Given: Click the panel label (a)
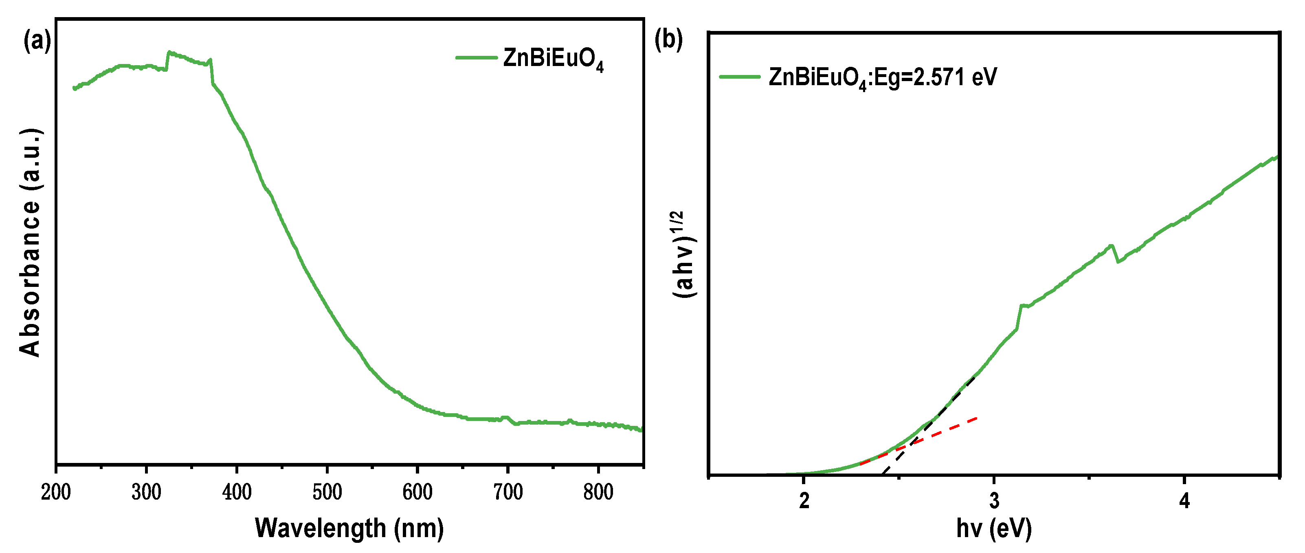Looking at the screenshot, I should point(37,41).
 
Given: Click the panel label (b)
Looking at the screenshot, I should point(668,39).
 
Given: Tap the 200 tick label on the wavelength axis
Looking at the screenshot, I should point(56,492).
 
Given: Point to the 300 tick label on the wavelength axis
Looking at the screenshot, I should point(146,492).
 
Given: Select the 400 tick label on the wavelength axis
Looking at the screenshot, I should point(237,492).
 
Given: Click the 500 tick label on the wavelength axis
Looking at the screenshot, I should point(327,492).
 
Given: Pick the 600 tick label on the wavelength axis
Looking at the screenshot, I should point(417,492).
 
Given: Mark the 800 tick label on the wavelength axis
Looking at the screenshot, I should point(598,492).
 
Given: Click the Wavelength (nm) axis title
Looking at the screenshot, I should point(349,528).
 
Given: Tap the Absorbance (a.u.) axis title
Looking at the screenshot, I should point(31,242).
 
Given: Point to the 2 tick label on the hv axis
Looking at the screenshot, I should point(804,501).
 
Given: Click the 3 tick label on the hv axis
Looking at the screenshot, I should point(995,501).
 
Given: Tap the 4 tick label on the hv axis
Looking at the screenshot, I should point(1184,501).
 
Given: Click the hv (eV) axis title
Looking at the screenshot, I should point(994,528).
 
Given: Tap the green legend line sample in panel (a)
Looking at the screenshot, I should point(476,58).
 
